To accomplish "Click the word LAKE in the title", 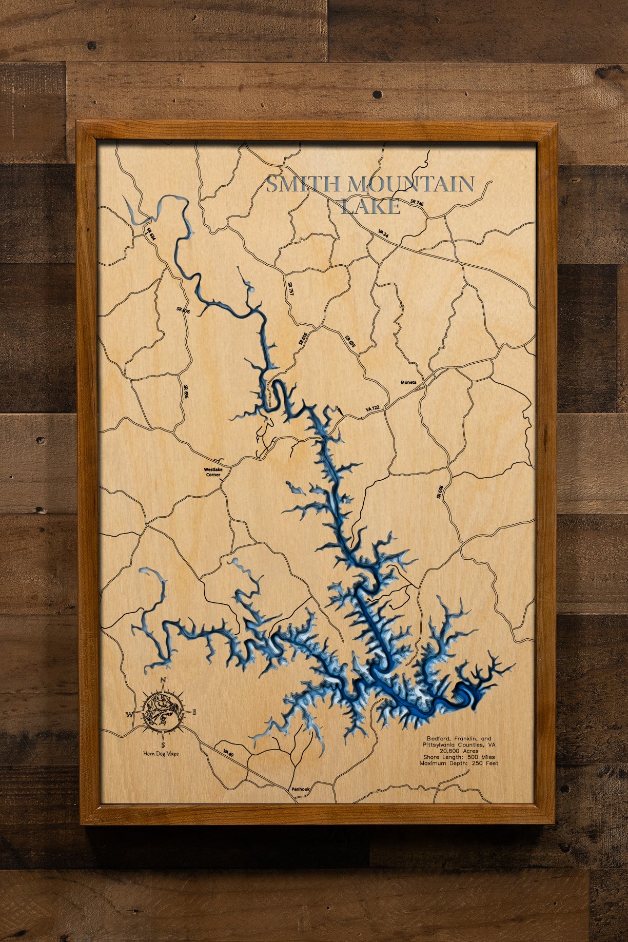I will pyautogui.click(x=370, y=206).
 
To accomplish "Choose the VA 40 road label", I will pyautogui.click(x=228, y=753).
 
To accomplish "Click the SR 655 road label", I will pyautogui.click(x=350, y=342).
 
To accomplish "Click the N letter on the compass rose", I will pyautogui.click(x=163, y=680).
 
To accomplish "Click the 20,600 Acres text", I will pyautogui.click(x=459, y=751).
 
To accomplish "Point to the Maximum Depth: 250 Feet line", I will pyautogui.click(x=459, y=763).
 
